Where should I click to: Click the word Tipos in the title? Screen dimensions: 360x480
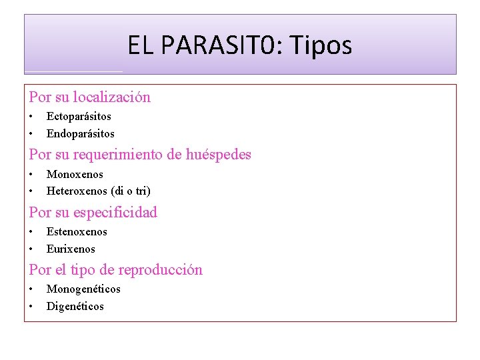(326, 45)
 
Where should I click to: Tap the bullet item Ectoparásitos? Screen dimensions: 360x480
(79, 116)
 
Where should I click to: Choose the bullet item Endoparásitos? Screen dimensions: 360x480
(80, 133)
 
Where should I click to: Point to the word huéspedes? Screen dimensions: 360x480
(219, 155)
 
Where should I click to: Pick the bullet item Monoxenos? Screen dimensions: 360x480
(75, 174)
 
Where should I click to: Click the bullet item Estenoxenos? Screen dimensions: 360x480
(77, 231)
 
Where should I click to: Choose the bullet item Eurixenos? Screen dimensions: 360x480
(71, 249)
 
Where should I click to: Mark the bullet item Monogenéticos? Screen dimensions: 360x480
(83, 289)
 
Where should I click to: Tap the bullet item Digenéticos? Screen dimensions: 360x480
(75, 306)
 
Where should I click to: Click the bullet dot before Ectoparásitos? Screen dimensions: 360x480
(31, 116)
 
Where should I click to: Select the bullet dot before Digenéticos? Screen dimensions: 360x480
(31, 306)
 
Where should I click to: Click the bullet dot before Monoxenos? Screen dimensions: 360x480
(31, 174)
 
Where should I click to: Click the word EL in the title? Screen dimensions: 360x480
(141, 45)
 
